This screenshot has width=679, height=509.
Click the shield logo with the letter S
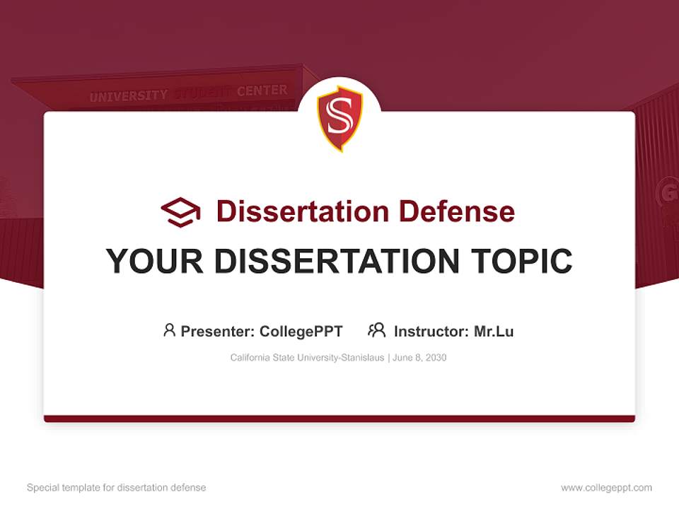[339, 118]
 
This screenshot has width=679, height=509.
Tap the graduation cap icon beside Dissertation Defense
[180, 212]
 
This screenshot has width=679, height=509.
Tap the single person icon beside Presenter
[169, 330]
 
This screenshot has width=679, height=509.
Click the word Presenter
[216, 331]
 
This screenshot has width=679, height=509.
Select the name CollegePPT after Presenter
[301, 331]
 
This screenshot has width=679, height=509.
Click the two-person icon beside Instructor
[376, 330]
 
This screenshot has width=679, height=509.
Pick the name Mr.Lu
[494, 331]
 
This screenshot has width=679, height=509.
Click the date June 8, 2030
[419, 358]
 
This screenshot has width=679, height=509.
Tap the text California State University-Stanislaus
[307, 358]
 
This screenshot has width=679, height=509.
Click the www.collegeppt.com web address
[606, 488]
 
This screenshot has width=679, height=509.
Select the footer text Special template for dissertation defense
[117, 488]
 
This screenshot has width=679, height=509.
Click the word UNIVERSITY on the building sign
[128, 96]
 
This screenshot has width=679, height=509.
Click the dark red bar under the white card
[339, 419]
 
